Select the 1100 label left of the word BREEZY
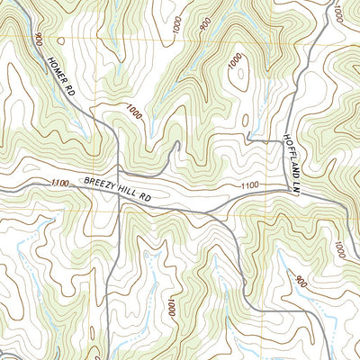(x=60, y=184)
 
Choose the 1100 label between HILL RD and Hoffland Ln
(x=250, y=185)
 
